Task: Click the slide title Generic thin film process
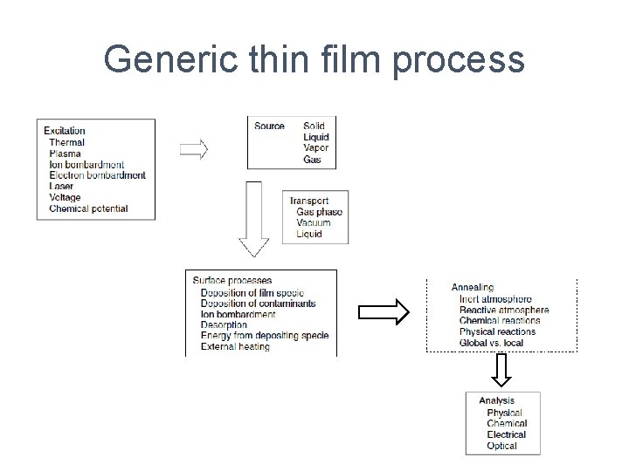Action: [314, 60]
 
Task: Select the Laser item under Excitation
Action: [61, 187]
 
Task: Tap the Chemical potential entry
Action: [88, 208]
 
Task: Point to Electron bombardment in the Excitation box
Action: [97, 175]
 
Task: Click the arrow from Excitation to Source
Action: [194, 149]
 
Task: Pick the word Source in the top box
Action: [269, 126]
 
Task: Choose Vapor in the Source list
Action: [315, 148]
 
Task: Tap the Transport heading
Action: [309, 201]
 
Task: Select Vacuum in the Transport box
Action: [314, 223]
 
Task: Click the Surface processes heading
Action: [232, 281]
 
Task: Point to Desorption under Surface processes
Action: [224, 325]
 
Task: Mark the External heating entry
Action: [234, 346]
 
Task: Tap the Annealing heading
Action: [473, 287]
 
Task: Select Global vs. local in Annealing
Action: [491, 343]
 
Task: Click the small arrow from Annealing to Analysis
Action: [501, 371]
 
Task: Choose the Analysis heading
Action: [496, 401]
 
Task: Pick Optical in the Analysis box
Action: [501, 446]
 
